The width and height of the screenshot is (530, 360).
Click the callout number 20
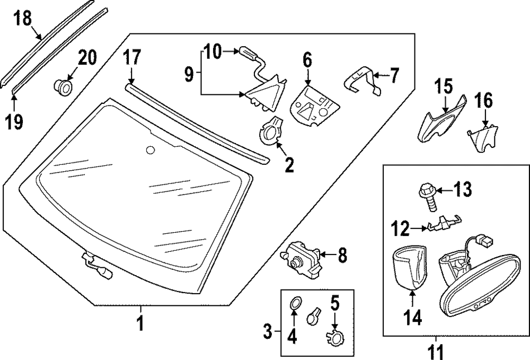click(x=87, y=57)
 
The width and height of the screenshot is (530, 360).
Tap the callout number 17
click(x=132, y=57)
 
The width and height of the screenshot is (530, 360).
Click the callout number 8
click(x=342, y=256)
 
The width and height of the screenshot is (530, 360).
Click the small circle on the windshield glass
click(x=151, y=151)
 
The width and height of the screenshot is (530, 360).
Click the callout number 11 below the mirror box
click(x=437, y=350)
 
